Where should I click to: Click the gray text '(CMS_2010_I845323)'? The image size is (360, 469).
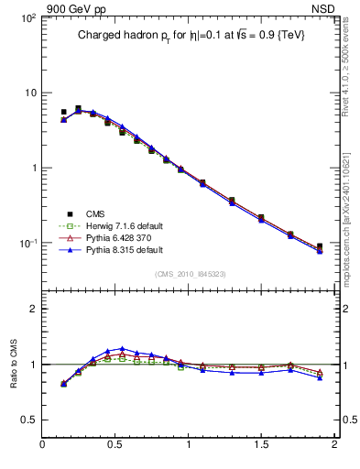tap(189, 274)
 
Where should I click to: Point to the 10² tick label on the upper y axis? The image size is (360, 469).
tap(27, 18)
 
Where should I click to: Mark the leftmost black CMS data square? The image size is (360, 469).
tap(63, 112)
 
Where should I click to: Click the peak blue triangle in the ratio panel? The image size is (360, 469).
tap(122, 349)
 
